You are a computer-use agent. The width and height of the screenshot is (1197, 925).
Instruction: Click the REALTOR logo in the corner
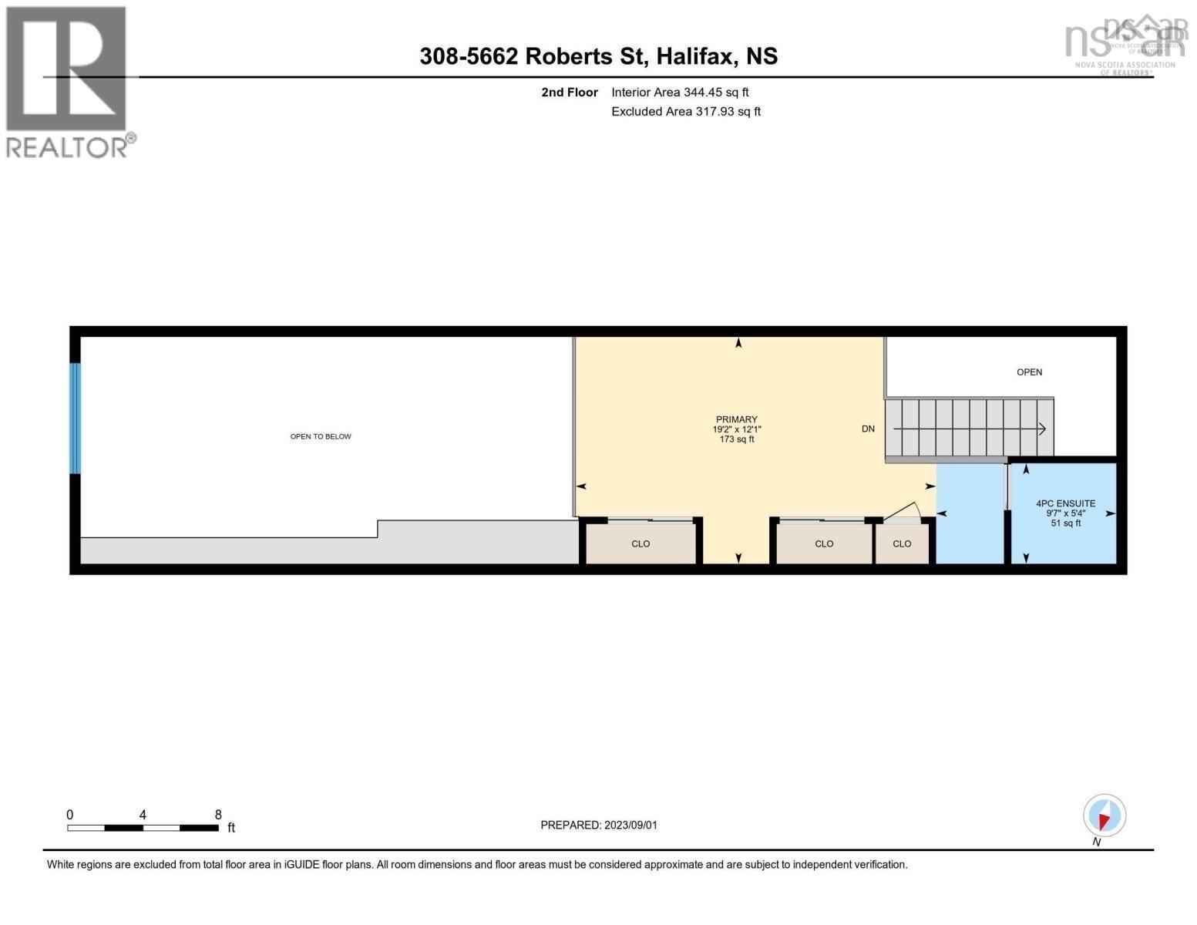click(x=68, y=81)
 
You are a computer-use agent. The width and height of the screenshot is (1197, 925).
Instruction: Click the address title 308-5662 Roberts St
click(x=598, y=56)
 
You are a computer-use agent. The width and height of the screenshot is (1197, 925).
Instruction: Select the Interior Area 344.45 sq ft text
click(x=680, y=92)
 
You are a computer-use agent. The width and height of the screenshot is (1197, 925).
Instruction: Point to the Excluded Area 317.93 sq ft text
click(x=685, y=112)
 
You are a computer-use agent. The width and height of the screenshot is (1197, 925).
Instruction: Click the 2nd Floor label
click(x=570, y=92)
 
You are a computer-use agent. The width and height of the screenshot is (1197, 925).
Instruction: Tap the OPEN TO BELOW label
click(x=321, y=436)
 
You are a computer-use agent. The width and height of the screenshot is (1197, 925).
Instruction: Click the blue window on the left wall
click(x=75, y=418)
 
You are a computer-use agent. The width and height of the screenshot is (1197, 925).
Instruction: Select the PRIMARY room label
click(x=736, y=419)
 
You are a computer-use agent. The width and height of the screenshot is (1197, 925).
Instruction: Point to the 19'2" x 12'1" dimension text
click(x=736, y=429)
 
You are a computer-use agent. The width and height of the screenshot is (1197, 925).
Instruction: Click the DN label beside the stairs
click(x=868, y=429)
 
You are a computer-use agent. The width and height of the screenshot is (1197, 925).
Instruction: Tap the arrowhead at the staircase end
click(x=1042, y=429)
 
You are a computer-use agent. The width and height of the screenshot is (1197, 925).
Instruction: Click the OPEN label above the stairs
click(x=1029, y=372)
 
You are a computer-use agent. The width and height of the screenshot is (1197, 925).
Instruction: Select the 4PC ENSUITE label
click(x=1065, y=503)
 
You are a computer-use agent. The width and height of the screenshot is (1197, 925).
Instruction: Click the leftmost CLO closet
click(x=641, y=543)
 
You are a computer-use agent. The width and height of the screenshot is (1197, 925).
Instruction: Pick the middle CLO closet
click(x=824, y=543)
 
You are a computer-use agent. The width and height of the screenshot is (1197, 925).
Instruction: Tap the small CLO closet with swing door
click(x=902, y=543)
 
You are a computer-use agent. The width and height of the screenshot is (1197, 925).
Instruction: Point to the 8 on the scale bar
click(x=218, y=815)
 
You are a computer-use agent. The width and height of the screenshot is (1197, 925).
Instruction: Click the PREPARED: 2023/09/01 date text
click(x=599, y=825)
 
